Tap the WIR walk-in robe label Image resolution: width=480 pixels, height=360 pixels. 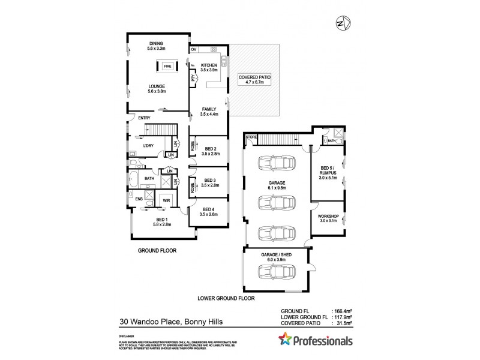click(166, 200)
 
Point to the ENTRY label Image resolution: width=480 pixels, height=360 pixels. click(144, 118)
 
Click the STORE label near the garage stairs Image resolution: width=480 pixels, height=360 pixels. click(250, 137)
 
